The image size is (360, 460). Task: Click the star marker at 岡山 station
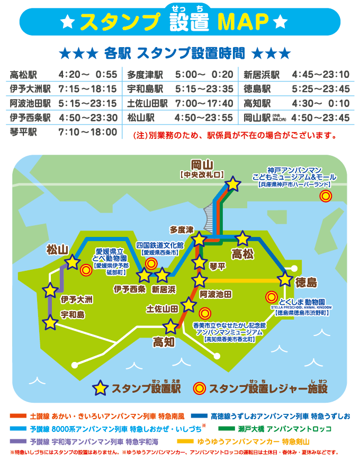point(232,184)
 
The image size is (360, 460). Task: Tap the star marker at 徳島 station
point(285,279)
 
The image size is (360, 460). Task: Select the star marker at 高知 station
point(170,327)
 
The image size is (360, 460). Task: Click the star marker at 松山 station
point(72,262)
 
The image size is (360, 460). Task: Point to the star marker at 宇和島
point(50,322)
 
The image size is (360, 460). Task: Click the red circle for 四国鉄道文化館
point(151,263)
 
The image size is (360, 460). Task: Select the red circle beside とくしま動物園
point(272,297)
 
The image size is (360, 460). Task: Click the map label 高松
point(244,254)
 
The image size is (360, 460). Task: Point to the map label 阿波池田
point(215,294)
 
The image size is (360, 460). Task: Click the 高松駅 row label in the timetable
point(22,74)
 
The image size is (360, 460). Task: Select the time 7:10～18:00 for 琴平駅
point(88,131)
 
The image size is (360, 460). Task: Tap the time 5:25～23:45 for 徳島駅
point(320,89)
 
